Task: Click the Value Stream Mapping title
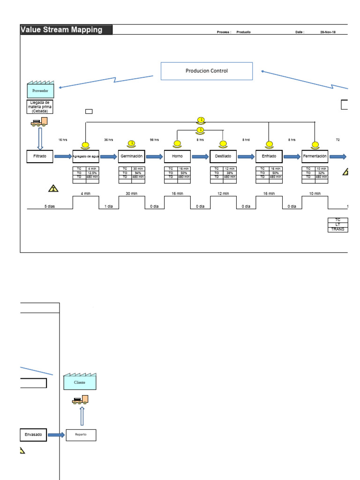[62, 30]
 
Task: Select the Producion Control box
[207, 71]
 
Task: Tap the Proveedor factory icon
[40, 89]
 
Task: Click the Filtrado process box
[40, 156]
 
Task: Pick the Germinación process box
[131, 156]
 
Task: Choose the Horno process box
[177, 156]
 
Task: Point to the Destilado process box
[223, 156]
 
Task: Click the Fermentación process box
[315, 156]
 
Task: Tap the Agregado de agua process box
[85, 156]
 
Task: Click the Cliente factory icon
[80, 382]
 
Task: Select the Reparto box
[81, 435]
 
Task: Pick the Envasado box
[33, 435]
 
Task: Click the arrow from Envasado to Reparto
[56, 435]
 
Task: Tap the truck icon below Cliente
[80, 400]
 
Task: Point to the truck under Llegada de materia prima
[39, 122]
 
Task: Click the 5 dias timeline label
[49, 206]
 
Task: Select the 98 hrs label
[154, 140]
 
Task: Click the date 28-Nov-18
[328, 32]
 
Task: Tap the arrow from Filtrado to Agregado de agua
[63, 156]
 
